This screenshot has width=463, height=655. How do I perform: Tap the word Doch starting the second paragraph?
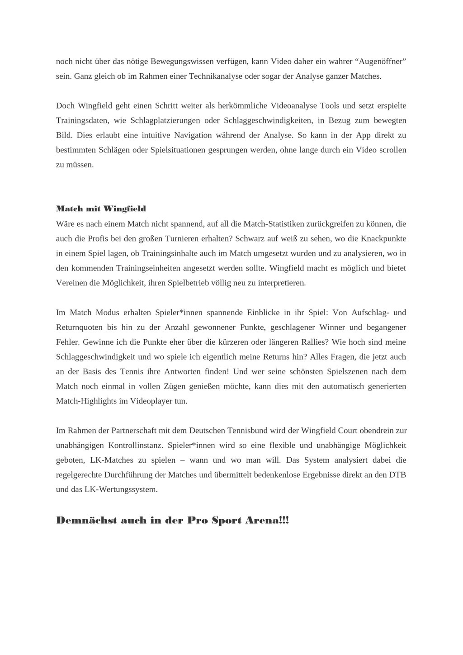tap(66, 105)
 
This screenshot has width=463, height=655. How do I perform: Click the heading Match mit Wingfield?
tap(101, 209)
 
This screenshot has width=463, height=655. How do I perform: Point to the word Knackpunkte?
tap(385, 238)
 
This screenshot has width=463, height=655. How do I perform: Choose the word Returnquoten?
tap(79, 327)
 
